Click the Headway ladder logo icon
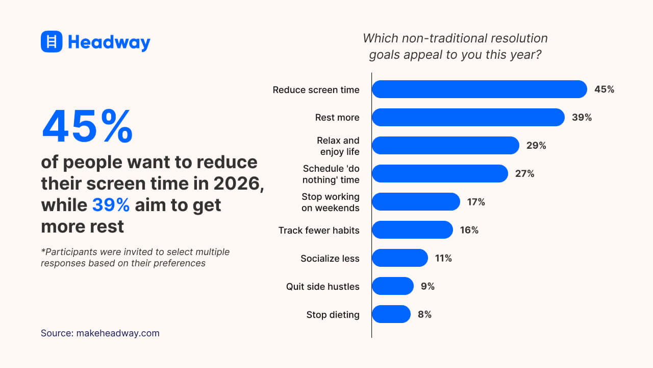click(x=52, y=41)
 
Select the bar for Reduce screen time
click(x=479, y=89)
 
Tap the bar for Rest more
click(x=468, y=118)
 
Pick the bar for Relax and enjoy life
click(x=445, y=146)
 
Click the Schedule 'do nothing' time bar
click(x=440, y=174)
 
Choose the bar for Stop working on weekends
click(x=416, y=202)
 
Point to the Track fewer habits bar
click(x=412, y=230)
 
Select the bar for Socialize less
click(x=399, y=258)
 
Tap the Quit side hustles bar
click(x=392, y=286)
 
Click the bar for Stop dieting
click(x=391, y=314)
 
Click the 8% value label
click(x=424, y=315)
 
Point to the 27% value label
click(x=524, y=174)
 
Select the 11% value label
click(x=443, y=259)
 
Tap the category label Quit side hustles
click(x=322, y=287)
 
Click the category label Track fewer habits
click(x=319, y=231)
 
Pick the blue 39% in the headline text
click(x=111, y=205)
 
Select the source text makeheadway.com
click(x=118, y=333)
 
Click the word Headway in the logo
click(x=109, y=42)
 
